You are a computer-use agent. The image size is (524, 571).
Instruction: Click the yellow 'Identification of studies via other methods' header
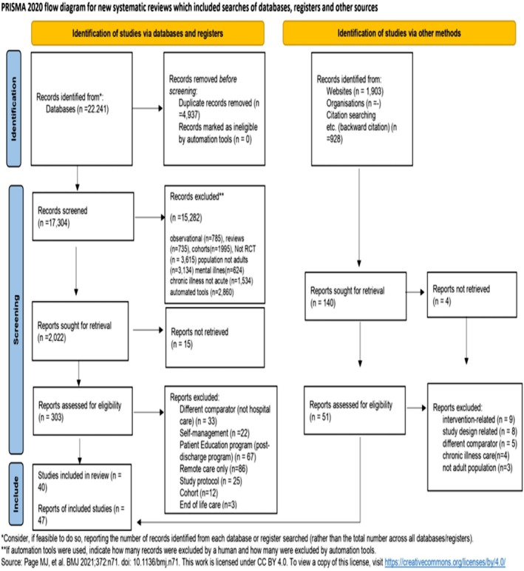399,33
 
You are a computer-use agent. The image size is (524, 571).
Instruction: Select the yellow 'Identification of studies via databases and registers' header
148,33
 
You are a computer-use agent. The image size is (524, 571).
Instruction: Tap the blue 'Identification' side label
14,109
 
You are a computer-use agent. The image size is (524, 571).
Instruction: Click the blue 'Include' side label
16,494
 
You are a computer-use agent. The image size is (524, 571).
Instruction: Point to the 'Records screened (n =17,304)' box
83,217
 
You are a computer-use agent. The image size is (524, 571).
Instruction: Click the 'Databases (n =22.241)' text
77,109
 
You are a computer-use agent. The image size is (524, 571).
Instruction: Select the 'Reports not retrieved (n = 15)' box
215,337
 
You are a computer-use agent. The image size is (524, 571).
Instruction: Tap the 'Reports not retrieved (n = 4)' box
472,294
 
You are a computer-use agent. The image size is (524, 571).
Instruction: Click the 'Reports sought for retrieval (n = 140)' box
355,296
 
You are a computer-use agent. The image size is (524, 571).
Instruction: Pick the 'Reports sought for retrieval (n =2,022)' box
80,331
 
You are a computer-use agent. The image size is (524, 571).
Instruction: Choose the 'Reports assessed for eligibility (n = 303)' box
83,410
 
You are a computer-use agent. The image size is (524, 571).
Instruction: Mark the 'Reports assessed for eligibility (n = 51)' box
355,410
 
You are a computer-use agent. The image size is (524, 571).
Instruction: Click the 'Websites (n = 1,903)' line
355,91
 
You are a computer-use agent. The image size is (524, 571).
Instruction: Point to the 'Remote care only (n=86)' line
214,469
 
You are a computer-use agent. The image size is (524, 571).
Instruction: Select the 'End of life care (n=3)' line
208,504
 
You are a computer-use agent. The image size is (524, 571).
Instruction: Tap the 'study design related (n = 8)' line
480,431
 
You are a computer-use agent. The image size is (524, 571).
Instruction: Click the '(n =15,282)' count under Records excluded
186,217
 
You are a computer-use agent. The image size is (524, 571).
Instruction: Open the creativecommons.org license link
445,562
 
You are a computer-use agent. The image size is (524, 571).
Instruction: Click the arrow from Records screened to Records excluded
150,217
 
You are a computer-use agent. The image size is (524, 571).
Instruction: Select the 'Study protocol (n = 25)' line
211,481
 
